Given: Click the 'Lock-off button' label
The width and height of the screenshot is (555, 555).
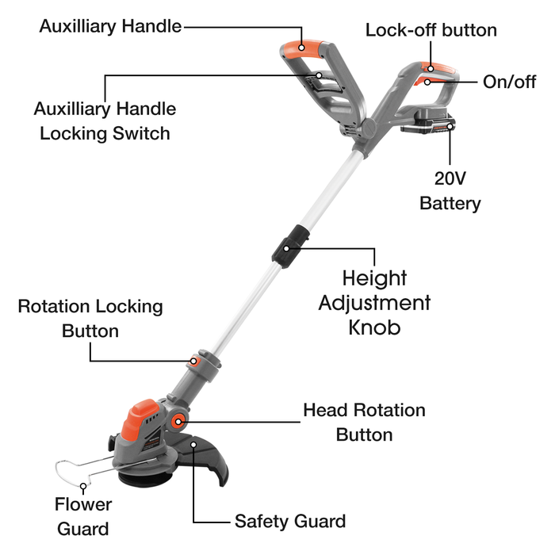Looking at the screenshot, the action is coord(431,30).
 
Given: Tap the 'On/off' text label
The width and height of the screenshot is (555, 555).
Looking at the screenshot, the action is coord(509,82).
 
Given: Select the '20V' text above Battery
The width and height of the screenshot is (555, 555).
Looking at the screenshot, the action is coord(450,178).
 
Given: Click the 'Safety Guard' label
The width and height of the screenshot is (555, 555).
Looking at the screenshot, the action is coord(290,521).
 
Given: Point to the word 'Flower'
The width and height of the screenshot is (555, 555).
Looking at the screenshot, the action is coord(83,504).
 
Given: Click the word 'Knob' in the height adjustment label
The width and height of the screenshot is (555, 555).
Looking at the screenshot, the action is coord(374,327).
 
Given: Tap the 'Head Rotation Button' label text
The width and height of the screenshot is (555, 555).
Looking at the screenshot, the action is coord(364,423).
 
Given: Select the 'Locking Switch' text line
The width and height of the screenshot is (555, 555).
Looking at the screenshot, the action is coord(105,133).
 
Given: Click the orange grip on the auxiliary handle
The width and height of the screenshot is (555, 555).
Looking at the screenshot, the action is coord(304,48).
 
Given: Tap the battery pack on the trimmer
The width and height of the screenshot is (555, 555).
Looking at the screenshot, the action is coord(428,122).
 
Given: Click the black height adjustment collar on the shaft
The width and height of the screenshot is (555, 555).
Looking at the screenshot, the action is coord(290,247).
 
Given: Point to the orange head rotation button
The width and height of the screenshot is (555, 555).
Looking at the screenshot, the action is coord(178,422).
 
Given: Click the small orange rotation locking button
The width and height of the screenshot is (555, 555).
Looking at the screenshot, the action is coord(194,361).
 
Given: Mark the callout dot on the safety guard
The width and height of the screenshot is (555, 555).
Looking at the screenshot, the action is coord(193,444).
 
